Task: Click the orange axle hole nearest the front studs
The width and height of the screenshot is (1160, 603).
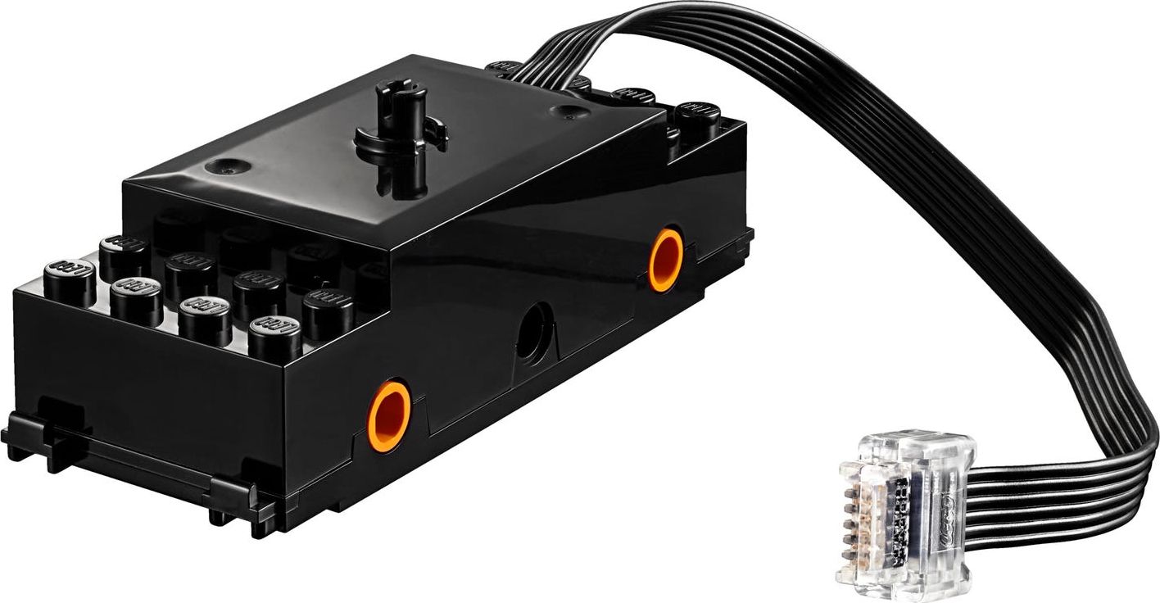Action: pyautogui.click(x=388, y=416)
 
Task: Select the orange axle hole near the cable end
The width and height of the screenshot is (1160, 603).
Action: pyautogui.click(x=665, y=260)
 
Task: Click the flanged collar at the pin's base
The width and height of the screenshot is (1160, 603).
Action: pyautogui.click(x=401, y=145)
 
